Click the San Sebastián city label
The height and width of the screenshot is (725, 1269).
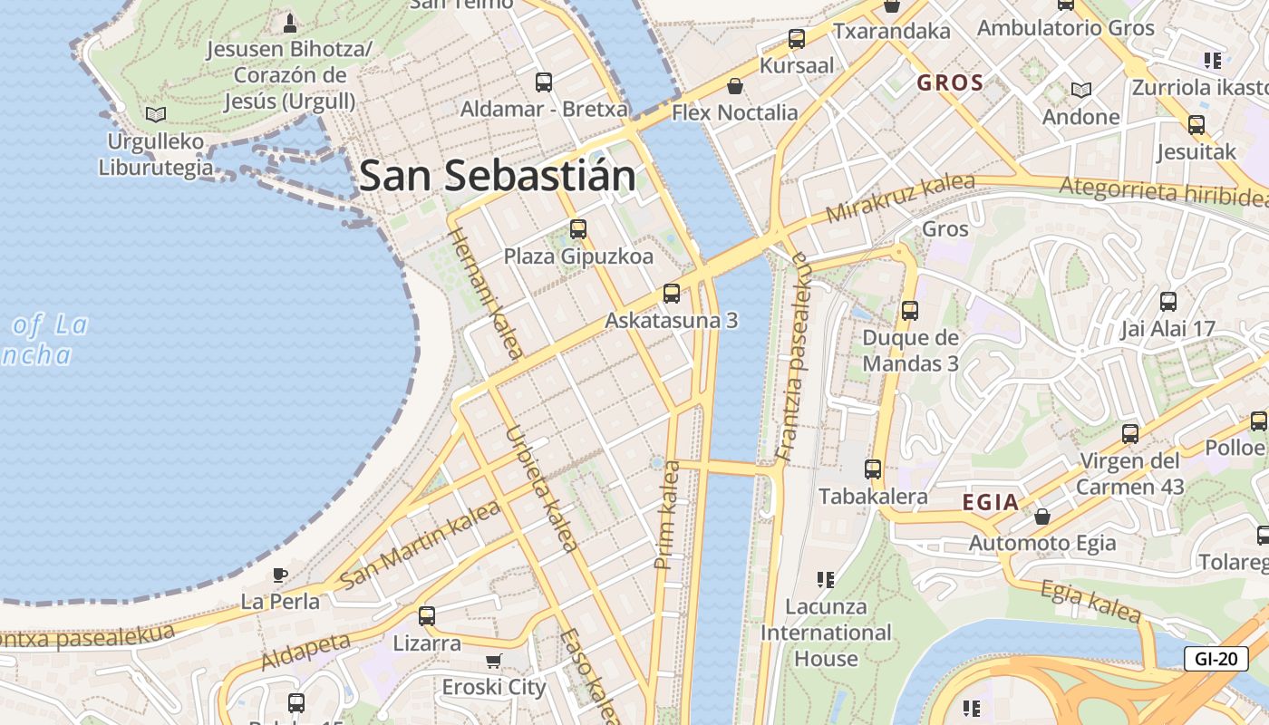click(x=497, y=175)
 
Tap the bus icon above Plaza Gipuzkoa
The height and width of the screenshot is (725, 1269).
click(x=578, y=229)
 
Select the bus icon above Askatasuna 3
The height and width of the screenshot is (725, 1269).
click(x=672, y=293)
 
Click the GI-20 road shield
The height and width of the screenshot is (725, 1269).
click(x=1216, y=659)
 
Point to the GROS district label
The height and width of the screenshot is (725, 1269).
click(x=950, y=83)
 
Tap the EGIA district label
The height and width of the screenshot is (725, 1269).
click(x=990, y=503)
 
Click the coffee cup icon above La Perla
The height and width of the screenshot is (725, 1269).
click(x=280, y=575)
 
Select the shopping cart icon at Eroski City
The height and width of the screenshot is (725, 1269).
click(x=493, y=661)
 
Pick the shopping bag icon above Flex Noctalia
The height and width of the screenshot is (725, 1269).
click(x=735, y=86)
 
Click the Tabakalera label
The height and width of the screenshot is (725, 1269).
click(x=873, y=497)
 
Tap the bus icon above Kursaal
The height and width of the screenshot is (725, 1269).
click(x=797, y=39)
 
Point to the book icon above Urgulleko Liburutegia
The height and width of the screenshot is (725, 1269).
click(x=156, y=114)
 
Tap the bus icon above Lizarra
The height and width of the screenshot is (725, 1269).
click(x=427, y=616)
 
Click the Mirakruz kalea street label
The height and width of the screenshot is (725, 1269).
click(x=899, y=198)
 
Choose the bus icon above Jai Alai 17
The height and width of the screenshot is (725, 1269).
click(x=1168, y=302)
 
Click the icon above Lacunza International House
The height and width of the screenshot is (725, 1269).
click(x=825, y=579)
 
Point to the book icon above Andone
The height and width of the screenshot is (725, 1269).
click(x=1080, y=90)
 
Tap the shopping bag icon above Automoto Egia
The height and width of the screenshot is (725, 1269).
click(x=1042, y=517)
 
